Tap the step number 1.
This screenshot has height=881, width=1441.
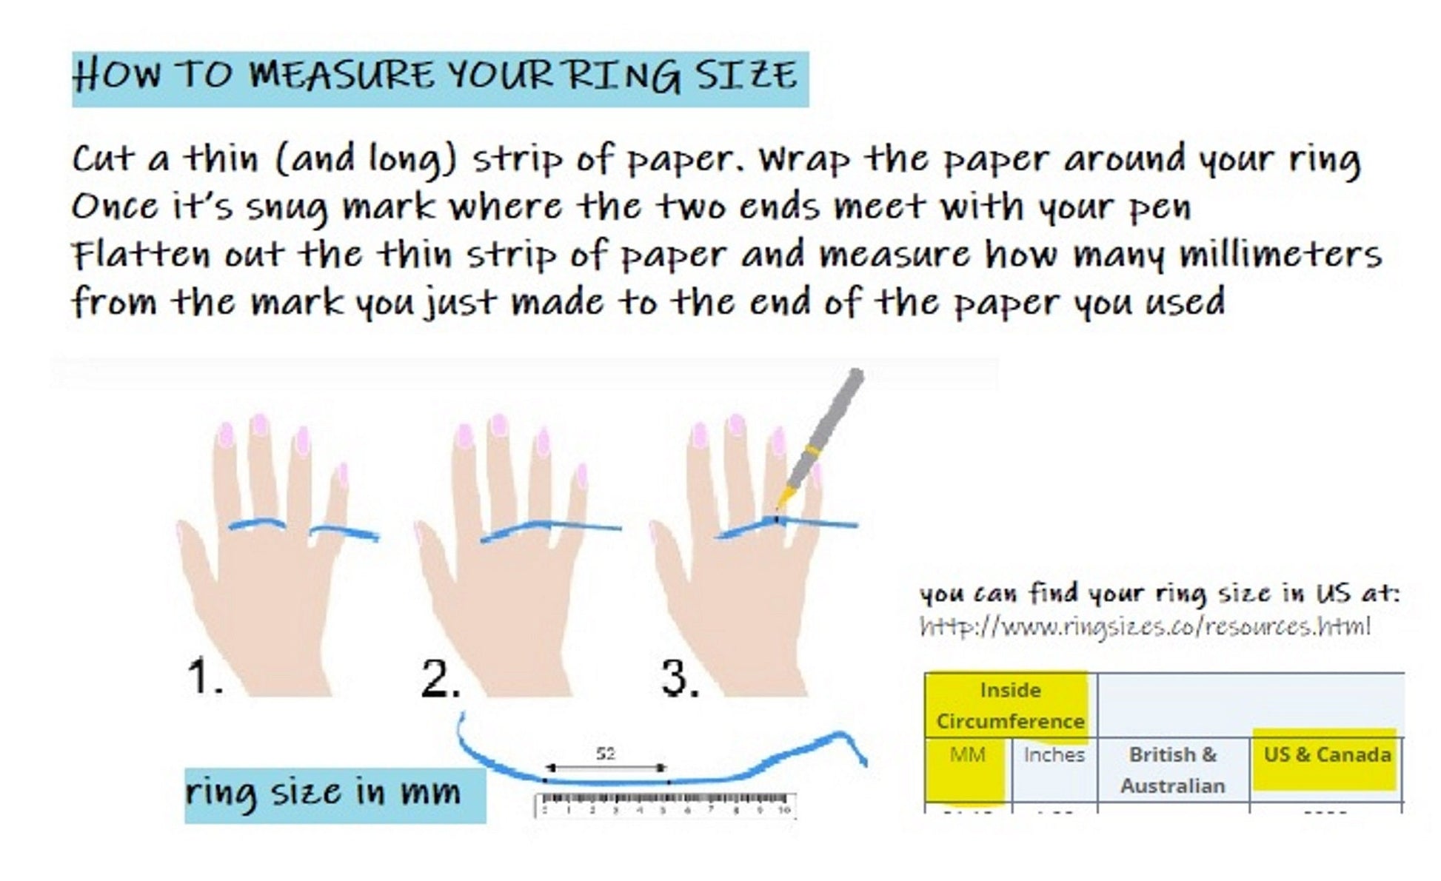(204, 676)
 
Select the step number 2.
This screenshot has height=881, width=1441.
(440, 677)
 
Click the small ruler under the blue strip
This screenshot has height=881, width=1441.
(664, 805)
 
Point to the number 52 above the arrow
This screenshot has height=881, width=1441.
(606, 754)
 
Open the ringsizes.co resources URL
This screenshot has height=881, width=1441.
(1145, 627)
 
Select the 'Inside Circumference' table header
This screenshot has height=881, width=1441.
(1010, 706)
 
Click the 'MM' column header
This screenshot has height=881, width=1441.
(968, 755)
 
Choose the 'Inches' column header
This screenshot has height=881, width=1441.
(1054, 755)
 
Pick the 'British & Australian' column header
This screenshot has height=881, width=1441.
(1173, 770)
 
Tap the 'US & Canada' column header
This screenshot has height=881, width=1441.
(1327, 755)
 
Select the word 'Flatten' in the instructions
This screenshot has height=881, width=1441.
(141, 255)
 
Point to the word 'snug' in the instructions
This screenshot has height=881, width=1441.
(287, 208)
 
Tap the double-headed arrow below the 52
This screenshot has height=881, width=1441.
(606, 768)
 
